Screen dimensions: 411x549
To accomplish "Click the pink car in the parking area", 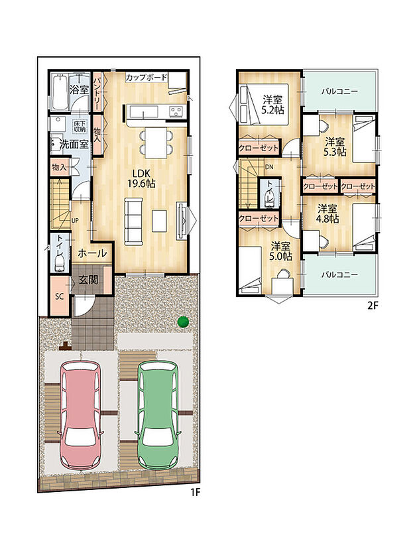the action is [x=81, y=415].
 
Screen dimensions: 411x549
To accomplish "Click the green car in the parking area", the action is [x=158, y=415].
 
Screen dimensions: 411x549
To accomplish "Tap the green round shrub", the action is [x=183, y=322].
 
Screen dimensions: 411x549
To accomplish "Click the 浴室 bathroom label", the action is [x=79, y=90].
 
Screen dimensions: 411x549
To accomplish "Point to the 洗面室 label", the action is [x=74, y=144].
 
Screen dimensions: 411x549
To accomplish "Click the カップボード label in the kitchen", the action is [x=147, y=78].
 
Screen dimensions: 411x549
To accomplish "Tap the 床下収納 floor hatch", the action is [x=80, y=127].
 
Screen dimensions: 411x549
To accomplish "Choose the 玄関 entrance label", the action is [x=88, y=280].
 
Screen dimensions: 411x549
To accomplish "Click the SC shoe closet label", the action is [x=60, y=296].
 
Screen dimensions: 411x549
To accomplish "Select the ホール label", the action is [x=92, y=253].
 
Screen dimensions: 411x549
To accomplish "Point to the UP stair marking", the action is [x=75, y=221].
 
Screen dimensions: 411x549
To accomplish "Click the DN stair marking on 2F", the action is [x=269, y=167].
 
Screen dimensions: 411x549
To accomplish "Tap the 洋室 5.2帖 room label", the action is [x=272, y=105].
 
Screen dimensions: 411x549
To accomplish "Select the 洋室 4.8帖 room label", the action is [x=327, y=214].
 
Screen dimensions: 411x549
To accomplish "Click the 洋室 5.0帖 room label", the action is [x=280, y=251].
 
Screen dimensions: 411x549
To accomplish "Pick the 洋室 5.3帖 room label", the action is [x=335, y=147].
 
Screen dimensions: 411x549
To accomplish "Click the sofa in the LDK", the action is [x=134, y=221].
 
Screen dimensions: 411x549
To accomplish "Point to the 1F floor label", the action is [x=195, y=493].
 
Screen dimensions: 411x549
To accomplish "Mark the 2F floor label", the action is [x=373, y=306].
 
